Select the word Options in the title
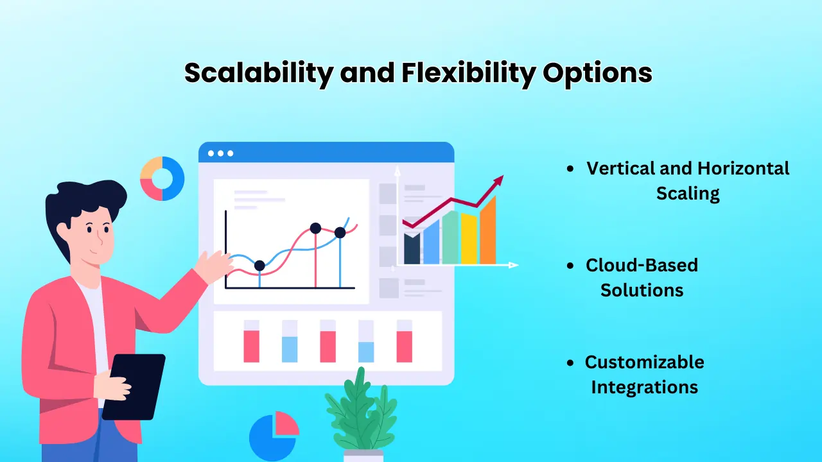point(597,73)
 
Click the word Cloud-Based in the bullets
point(642,265)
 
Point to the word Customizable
point(644,362)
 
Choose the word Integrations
point(644,387)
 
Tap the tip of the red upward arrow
point(502,177)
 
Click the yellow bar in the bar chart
point(469,239)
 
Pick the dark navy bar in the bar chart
point(412,249)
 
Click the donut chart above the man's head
point(162,178)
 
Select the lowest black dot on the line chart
point(259,266)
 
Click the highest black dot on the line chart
point(315,228)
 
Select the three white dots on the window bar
point(220,153)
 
